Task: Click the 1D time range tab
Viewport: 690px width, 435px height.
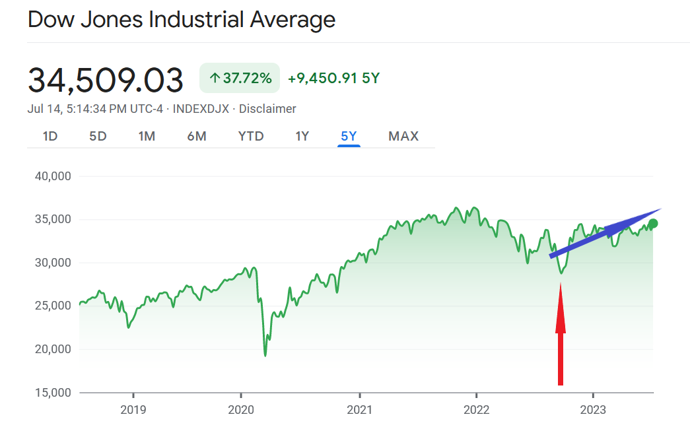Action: [x=50, y=136]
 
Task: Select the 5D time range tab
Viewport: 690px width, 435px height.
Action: [x=98, y=136]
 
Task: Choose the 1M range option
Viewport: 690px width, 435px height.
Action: [x=147, y=136]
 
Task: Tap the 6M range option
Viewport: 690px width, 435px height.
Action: [x=197, y=136]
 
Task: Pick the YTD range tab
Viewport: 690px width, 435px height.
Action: [x=251, y=136]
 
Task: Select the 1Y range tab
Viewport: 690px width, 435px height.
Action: [x=302, y=136]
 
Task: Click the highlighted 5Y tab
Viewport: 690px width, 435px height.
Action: [x=349, y=136]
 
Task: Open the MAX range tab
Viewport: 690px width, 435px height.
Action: [x=403, y=136]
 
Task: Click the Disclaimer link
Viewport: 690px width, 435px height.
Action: [x=267, y=109]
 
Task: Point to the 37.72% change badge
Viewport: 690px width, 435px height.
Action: [x=240, y=78]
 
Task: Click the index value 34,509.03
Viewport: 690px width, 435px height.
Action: [x=106, y=80]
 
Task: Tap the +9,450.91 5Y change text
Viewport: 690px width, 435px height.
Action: [x=333, y=78]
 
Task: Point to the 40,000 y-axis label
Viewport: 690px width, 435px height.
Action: [x=52, y=176]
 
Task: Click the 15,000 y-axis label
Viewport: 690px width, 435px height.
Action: [x=52, y=393]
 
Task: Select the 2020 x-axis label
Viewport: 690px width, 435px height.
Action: [x=240, y=410]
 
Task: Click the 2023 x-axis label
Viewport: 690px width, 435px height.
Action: [x=593, y=410]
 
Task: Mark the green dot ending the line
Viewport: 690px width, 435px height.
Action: [x=653, y=224]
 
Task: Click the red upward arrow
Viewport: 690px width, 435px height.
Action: [x=561, y=333]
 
